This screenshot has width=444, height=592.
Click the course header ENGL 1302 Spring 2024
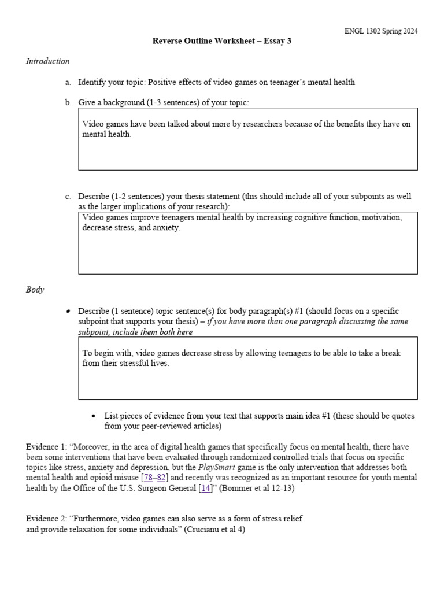[380, 31]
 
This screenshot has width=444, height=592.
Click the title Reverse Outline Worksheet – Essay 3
[222, 41]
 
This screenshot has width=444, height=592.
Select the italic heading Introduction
[47, 61]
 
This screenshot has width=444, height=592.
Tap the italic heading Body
[35, 290]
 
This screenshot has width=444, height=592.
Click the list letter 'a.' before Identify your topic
[68, 82]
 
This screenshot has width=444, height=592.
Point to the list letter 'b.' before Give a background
[68, 102]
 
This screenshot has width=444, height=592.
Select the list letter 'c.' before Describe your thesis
[68, 197]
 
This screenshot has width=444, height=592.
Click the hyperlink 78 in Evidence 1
[148, 478]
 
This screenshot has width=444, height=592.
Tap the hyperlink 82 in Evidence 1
[162, 478]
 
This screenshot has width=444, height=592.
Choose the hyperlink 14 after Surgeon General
[205, 489]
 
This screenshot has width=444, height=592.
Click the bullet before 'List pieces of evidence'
[94, 416]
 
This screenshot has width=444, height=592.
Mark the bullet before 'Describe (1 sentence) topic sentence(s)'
[68, 311]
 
